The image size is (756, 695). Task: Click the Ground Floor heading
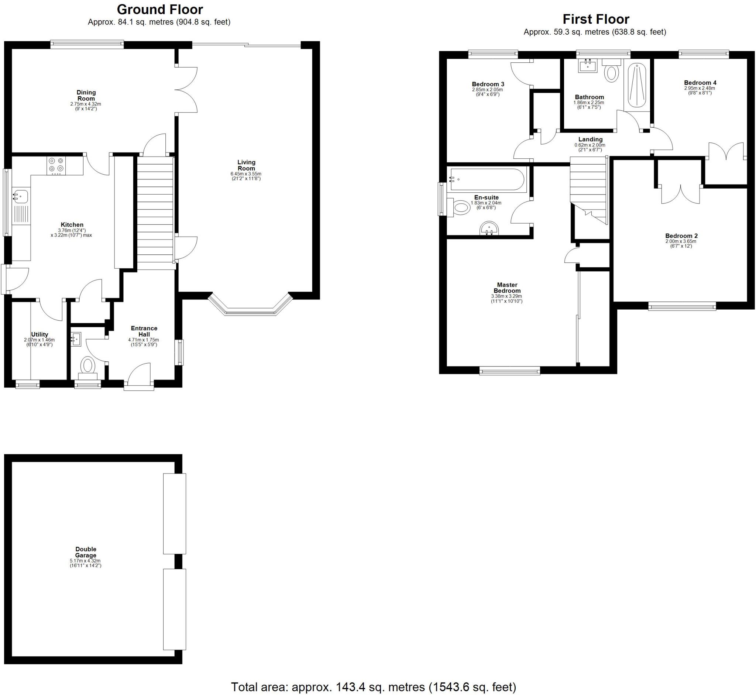tap(159, 9)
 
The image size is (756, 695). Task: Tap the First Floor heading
tap(596, 19)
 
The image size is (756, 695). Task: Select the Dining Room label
tap(86, 96)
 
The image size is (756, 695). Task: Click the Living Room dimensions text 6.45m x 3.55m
tap(246, 174)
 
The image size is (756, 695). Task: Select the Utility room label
tap(39, 334)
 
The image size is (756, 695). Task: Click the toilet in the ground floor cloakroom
tap(88, 365)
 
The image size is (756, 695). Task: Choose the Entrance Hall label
tap(144, 331)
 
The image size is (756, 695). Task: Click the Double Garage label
tap(86, 552)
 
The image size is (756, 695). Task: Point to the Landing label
tap(590, 139)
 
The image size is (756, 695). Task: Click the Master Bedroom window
tap(510, 371)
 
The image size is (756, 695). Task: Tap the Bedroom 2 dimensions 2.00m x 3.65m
tap(681, 241)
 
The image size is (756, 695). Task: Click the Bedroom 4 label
tap(700, 83)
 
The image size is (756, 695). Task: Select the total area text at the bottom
tap(373, 687)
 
